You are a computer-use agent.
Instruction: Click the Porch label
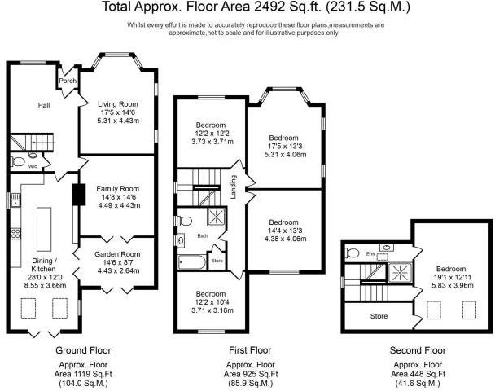click(x=68, y=81)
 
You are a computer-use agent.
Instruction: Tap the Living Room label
click(x=118, y=104)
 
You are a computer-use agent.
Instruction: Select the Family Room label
click(x=118, y=189)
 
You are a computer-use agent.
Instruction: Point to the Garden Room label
click(x=117, y=254)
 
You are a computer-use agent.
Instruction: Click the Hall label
click(x=44, y=105)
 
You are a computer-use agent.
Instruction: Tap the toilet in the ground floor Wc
click(x=18, y=162)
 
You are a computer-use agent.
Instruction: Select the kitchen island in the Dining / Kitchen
click(x=44, y=229)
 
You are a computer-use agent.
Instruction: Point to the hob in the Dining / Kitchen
click(x=15, y=234)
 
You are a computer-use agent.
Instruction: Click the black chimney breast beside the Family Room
click(x=79, y=195)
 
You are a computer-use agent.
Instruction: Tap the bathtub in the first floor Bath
click(x=191, y=263)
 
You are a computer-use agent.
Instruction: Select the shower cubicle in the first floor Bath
click(x=217, y=217)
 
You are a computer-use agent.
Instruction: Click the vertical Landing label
click(x=234, y=187)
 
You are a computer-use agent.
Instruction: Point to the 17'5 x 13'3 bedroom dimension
click(x=283, y=147)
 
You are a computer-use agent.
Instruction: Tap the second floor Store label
click(x=379, y=316)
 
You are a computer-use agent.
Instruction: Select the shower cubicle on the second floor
click(x=400, y=271)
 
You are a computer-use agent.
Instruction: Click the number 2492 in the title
click(x=267, y=7)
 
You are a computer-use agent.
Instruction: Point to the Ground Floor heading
click(x=83, y=350)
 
